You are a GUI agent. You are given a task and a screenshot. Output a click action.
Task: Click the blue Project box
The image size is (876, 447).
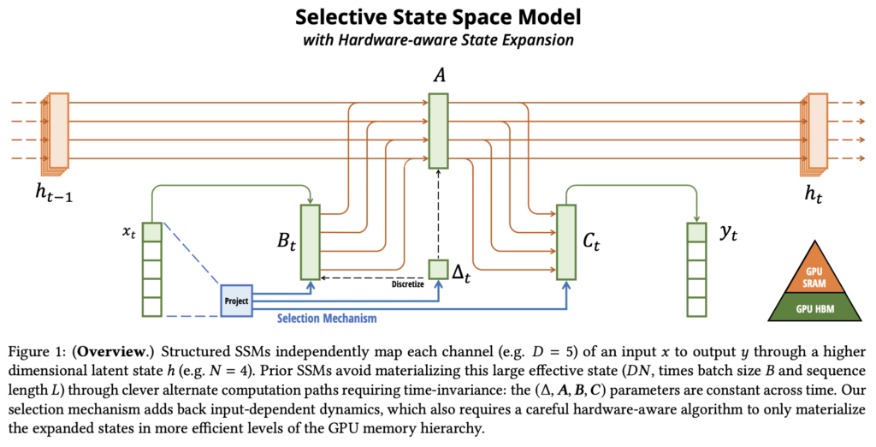[x=236, y=301]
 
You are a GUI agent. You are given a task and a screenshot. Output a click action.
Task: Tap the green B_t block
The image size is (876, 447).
[x=310, y=241]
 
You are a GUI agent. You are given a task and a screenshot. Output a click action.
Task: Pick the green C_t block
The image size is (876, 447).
[x=565, y=242]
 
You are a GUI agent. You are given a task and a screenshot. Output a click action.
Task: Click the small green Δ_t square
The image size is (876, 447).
[x=438, y=268]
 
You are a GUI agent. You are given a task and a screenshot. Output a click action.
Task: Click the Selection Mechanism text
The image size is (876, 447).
[x=328, y=319]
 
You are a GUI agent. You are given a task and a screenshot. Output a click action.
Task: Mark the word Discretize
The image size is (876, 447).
[x=407, y=284]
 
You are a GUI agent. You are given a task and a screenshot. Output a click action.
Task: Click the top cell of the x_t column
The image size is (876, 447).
[x=152, y=232]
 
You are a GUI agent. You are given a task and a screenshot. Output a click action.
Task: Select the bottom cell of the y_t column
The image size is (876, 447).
[x=695, y=307]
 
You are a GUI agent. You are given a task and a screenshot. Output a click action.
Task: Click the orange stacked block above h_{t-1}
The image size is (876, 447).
[x=58, y=129]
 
